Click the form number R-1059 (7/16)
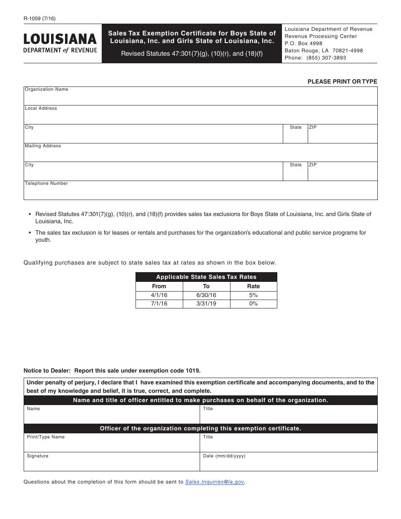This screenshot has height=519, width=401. pos(40,19)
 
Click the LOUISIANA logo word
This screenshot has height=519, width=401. pos(60,39)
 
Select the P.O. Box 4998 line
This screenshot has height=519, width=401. pos(303,43)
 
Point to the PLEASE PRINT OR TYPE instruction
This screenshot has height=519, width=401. pos(342,81)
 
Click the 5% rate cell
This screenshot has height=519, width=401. pos(253,295)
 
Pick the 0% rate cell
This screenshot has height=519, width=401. pos(253,304)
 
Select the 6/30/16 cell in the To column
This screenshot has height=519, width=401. pos(206,295)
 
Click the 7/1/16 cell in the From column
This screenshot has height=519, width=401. pos(159,304)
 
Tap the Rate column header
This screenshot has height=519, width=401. pos(253,286)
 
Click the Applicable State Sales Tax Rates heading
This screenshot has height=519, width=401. pos(206,277)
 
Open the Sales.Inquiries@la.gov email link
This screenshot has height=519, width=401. pos(214,482)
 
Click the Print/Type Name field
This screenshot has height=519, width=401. pos(111,444)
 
